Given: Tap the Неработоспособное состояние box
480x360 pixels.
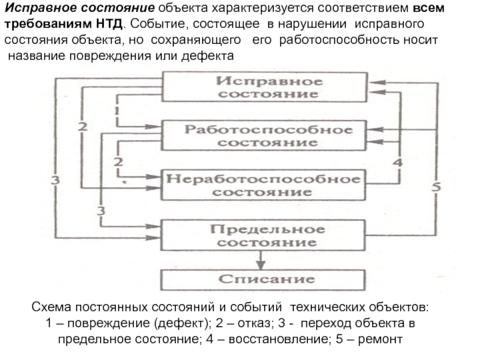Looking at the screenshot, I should point(263,185).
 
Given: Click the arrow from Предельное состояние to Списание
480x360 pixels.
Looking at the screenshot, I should point(261,259).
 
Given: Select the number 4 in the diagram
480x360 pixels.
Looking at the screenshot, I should point(397,162).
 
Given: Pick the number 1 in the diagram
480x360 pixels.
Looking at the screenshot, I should point(115,112).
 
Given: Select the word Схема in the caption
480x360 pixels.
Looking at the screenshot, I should point(50,309).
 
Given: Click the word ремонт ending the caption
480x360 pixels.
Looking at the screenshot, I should point(387,339).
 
